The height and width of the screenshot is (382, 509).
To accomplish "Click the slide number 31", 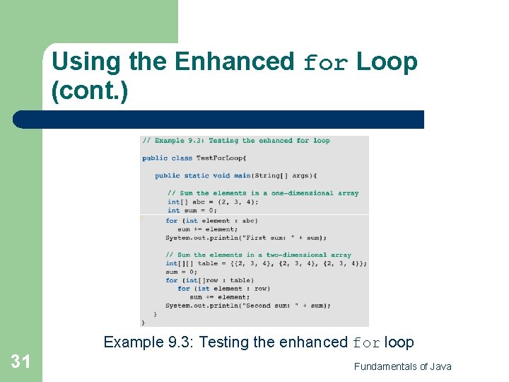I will coord(21,362).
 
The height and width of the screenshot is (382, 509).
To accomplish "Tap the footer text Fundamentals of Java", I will coord(402,366).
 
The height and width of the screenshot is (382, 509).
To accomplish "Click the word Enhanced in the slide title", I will coord(233,62).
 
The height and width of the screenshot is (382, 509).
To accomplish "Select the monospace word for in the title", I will coord(325,64).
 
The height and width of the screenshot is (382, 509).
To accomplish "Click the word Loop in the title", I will coord(387,62).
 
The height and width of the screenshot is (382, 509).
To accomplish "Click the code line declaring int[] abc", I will coord(213,202).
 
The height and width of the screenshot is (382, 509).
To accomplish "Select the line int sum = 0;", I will coord(192,210).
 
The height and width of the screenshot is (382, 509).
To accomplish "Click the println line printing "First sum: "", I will coord(236,238).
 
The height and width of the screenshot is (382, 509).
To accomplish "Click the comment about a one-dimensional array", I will coord(263,193).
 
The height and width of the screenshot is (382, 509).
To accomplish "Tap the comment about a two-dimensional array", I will coord(259,255).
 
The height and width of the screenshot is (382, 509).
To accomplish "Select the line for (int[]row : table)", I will coord(209,280).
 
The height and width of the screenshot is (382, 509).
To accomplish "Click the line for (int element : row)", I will coord(223,289).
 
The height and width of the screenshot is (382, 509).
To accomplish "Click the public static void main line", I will coord(236,175).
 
